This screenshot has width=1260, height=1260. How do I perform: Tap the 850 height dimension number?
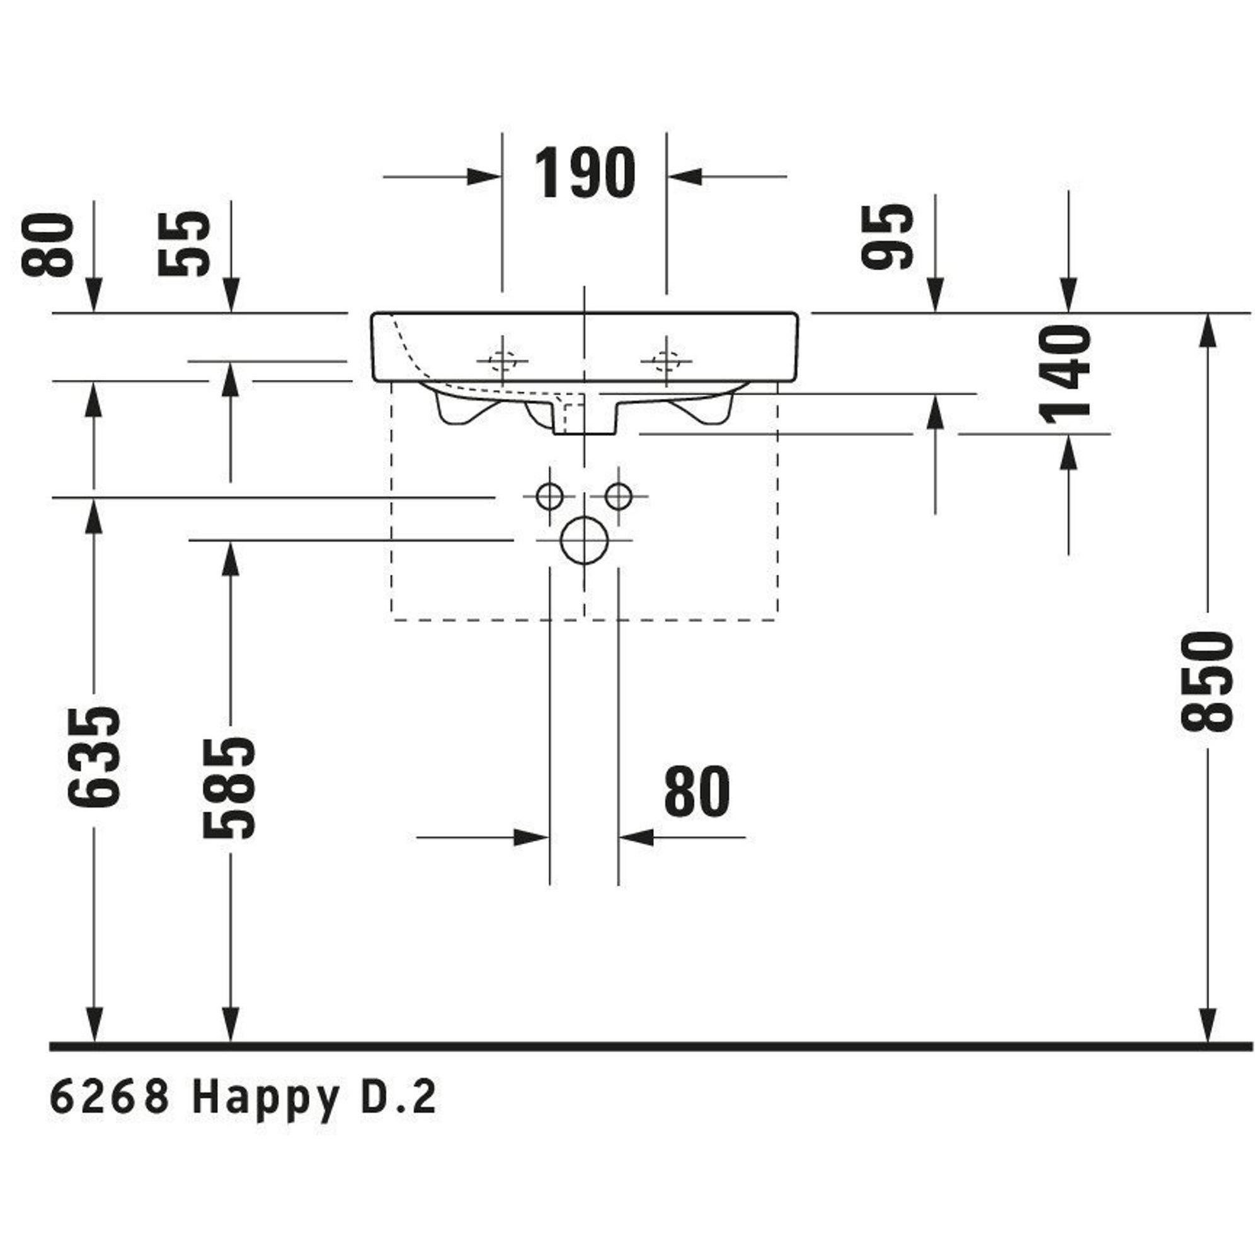pos(1207,681)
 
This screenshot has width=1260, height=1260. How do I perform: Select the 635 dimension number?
pos(94,756)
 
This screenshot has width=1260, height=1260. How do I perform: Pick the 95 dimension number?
pos(886,236)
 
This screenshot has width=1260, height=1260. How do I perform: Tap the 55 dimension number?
pos(185,243)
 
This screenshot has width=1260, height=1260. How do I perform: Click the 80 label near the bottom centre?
pos(697,792)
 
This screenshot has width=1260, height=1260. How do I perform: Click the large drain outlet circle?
pos(585,540)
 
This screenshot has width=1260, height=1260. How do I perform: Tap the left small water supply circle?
pos(550,497)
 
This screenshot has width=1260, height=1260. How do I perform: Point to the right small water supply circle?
pos(618,497)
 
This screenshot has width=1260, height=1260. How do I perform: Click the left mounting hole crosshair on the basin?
pos(502,360)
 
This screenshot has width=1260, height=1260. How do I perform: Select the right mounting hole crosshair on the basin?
pos(666,360)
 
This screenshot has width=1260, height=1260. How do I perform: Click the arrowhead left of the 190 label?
pos(484,176)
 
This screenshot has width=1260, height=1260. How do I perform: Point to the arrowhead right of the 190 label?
pos(685,176)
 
